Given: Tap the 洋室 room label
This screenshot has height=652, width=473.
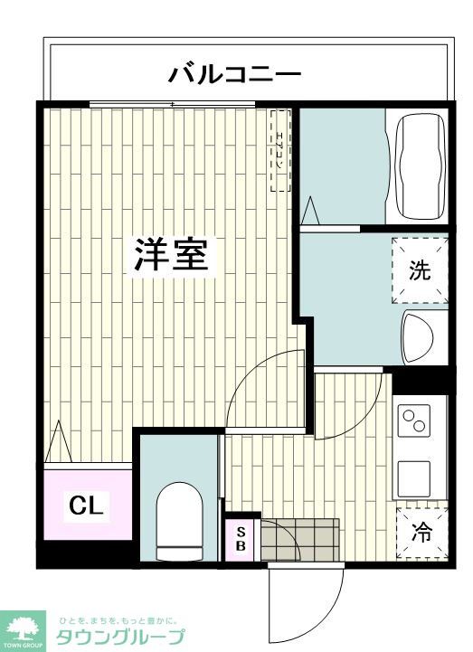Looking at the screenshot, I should click(172, 255).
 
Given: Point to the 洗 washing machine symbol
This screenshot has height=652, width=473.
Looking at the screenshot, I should click(420, 270).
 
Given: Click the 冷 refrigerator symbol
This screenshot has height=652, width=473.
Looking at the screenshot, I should click(421, 533).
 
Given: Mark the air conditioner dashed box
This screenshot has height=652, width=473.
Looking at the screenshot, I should click(280, 151).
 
